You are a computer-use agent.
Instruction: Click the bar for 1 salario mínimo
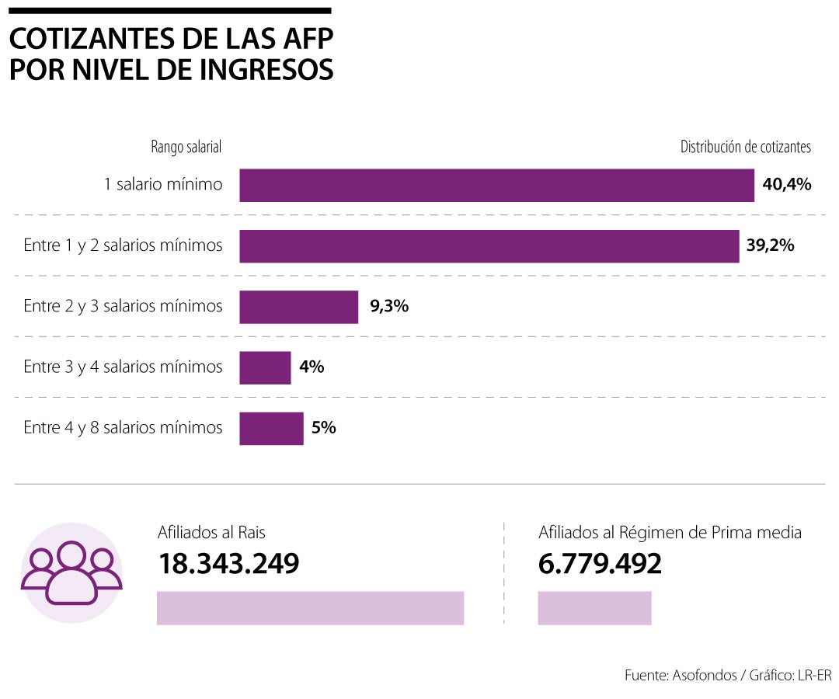click(496, 185)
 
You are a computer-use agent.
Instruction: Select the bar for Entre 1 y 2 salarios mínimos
click(489, 245)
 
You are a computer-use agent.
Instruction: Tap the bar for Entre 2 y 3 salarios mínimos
click(298, 307)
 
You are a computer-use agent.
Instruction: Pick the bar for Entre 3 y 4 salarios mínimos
click(265, 367)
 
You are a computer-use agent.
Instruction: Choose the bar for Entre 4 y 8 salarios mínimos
click(271, 428)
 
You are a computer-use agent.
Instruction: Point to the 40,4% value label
click(786, 185)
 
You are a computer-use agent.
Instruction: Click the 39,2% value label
click(770, 245)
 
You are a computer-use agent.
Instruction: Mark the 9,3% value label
click(389, 307)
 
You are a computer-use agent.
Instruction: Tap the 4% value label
click(312, 367)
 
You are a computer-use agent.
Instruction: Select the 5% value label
click(323, 428)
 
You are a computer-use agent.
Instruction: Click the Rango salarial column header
click(186, 147)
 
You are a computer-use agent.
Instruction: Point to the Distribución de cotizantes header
click(745, 147)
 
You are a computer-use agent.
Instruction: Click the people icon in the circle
click(71, 572)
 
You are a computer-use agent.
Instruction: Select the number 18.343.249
click(229, 565)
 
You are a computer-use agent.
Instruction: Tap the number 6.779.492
click(600, 565)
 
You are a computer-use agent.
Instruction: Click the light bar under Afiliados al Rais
click(310, 607)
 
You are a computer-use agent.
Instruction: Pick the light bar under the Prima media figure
click(594, 607)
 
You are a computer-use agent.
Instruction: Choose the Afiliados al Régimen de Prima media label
click(670, 533)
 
